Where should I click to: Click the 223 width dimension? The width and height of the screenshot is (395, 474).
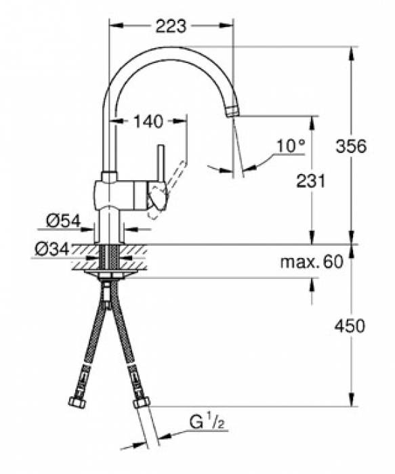click(170, 26)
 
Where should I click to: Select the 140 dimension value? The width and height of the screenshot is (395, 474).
click(148, 122)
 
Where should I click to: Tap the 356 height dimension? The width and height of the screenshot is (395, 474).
click(352, 146)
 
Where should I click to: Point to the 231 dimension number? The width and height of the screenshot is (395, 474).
click(312, 181)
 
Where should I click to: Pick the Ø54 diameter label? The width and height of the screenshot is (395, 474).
click(63, 220)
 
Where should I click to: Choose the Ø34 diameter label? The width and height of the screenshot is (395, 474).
click(51, 250)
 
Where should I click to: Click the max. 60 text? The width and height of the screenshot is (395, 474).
click(312, 262)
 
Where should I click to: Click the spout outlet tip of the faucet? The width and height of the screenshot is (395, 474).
click(232, 111)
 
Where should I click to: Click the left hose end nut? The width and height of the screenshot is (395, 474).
click(77, 402)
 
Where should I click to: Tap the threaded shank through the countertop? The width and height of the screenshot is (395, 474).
click(109, 258)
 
